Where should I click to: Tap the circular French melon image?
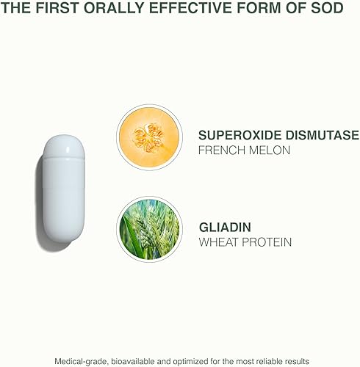149,137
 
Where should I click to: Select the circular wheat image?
149,228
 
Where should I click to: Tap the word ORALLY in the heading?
109,10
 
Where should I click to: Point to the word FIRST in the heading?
54,10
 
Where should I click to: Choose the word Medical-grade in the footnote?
82,360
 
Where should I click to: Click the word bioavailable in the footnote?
135,360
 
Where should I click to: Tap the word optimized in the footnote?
190,360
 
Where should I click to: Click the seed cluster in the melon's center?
150,137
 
